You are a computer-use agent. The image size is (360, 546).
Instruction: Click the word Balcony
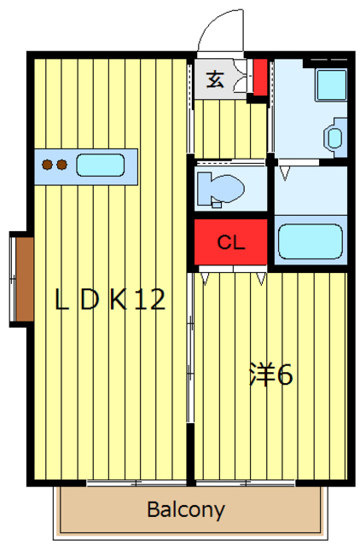pos(186,510)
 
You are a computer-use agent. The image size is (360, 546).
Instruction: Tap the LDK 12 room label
pos(110,299)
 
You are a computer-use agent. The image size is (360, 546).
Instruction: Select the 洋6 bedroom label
pos(271,374)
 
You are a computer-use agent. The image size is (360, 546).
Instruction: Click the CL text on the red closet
pos(230,242)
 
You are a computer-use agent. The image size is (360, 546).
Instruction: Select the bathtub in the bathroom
pos(311,241)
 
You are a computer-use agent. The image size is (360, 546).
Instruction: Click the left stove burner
pos(49,165)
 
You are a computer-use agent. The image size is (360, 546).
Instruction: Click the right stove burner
pos(62,165)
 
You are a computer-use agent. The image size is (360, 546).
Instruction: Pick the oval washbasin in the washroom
pos(333,137)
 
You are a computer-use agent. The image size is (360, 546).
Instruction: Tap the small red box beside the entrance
pos(259,76)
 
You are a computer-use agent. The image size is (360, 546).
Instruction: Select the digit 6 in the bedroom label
pos(285,375)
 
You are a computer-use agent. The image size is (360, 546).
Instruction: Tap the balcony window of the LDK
pos(136,483)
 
